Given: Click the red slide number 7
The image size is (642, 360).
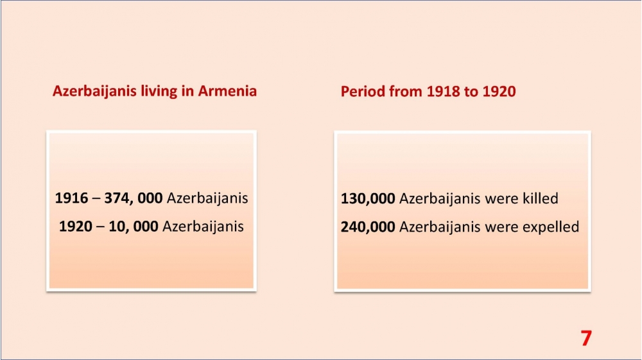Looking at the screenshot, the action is pos(586,338).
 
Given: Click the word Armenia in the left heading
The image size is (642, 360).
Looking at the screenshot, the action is pos(227,91).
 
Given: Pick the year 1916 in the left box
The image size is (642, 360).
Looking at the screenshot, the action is pos(72,198).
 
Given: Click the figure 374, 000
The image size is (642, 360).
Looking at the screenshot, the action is pos(134,198).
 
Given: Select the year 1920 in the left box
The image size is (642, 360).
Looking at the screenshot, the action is pos(76,227).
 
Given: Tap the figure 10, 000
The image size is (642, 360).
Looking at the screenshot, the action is pos(134,227).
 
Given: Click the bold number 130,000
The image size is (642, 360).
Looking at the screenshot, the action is pos(368,198).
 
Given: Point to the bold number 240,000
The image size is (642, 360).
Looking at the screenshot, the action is pos(368,227).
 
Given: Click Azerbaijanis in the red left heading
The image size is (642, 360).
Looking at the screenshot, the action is pos(94,92).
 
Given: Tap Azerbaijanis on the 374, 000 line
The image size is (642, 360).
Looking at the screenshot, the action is pos(207,198).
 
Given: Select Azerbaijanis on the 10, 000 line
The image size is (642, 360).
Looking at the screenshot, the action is pos(203,227).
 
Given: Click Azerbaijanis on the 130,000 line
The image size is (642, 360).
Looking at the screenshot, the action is pos(440,199).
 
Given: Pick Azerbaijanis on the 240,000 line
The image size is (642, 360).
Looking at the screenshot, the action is pos(440,227).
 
